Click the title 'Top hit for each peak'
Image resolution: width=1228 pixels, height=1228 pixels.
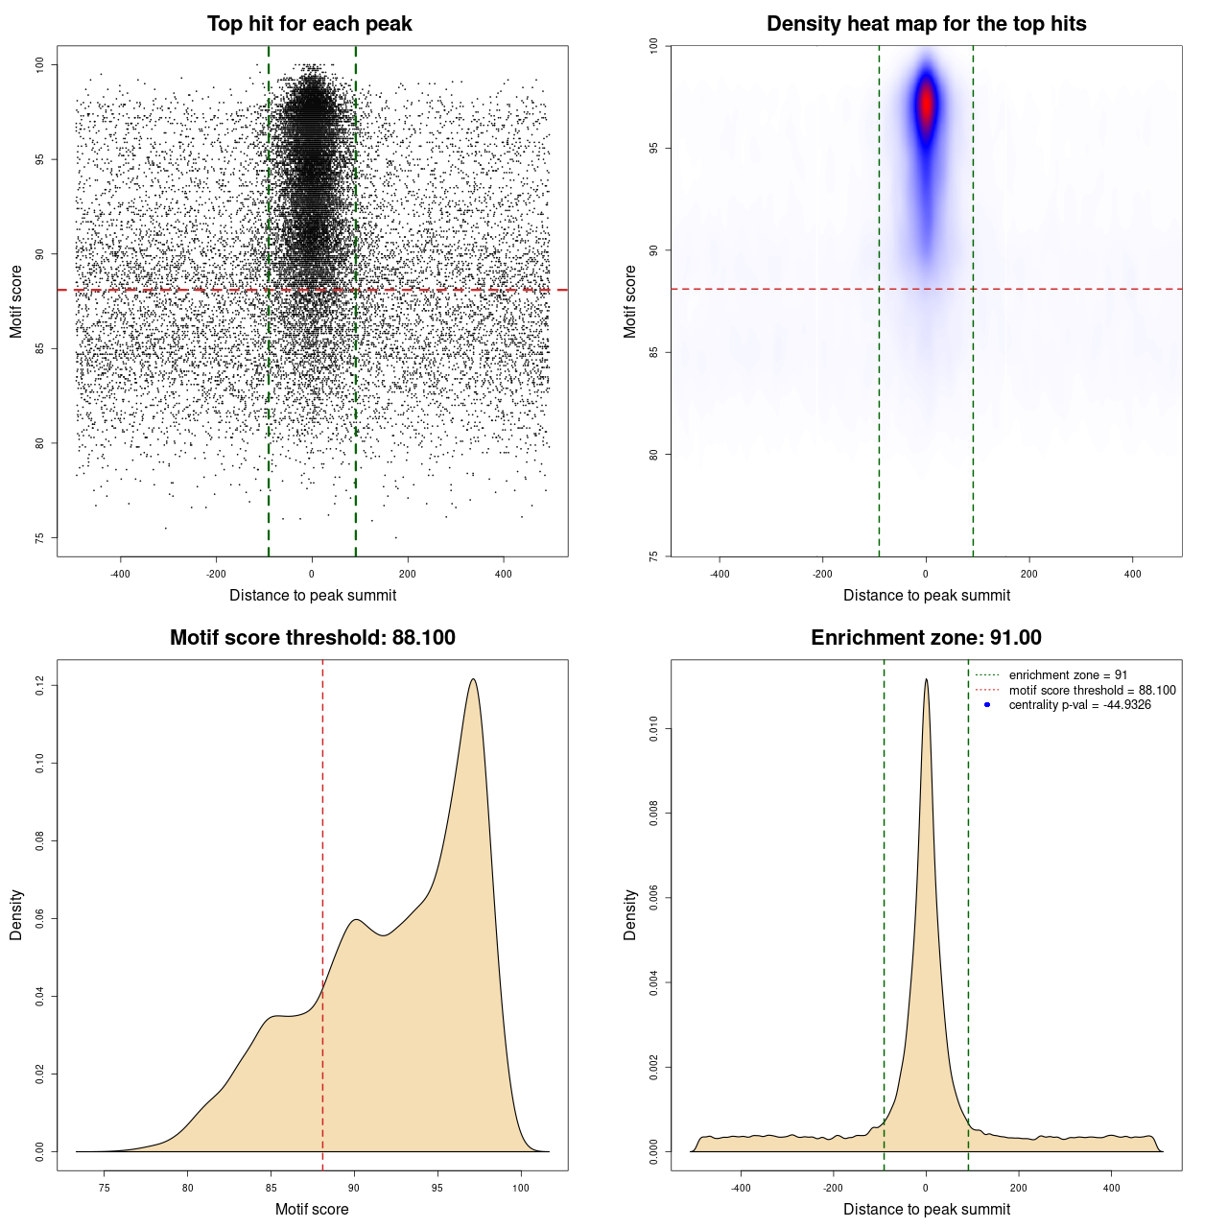309,24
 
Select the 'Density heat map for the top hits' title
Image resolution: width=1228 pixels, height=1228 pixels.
926,24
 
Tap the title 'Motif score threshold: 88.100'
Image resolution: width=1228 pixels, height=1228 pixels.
312,638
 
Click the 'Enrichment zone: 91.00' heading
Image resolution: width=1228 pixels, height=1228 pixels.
926,638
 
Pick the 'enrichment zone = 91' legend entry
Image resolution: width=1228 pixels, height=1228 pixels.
1068,675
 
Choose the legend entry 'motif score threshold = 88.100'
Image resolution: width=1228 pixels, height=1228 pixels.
1092,691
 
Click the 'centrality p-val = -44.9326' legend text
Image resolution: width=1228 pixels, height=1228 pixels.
1079,705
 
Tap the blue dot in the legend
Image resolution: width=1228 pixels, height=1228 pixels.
987,705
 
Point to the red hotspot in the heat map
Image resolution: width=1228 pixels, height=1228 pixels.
926,104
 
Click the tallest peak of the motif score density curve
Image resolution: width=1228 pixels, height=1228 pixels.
473,679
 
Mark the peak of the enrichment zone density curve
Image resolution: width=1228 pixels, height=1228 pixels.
926,679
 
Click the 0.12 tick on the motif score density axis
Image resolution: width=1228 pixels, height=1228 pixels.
39,685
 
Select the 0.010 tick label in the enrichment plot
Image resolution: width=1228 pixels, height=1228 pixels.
653,729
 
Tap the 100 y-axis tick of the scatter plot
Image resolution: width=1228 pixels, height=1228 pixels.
39,64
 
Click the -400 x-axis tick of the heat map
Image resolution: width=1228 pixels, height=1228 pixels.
720,574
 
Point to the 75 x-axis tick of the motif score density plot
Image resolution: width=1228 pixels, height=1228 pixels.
105,1188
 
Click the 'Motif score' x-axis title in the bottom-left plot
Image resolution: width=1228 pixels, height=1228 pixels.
312,1209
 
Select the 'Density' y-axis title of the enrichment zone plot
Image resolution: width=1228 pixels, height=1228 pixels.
630,914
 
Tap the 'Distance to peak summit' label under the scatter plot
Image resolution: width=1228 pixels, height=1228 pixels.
312,595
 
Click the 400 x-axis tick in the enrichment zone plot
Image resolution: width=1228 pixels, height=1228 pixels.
1112,1188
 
